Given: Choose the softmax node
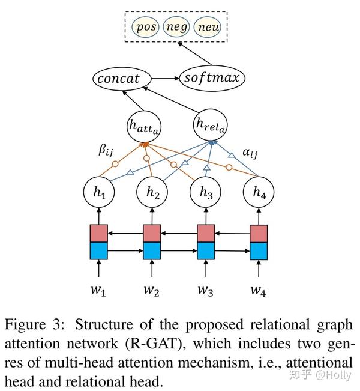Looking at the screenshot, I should tap(212, 79).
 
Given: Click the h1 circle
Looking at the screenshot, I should tap(99, 192).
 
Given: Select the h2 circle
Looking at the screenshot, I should tap(152, 192).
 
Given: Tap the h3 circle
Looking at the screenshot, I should tap(205, 192).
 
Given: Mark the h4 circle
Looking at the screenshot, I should tap(258, 192).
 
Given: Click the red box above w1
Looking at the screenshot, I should tap(98, 232).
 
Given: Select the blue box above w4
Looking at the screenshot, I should tap(258, 250).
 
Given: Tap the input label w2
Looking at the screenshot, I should tap(151, 291).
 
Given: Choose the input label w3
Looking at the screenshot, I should tap(205, 291).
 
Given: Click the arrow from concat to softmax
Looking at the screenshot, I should tap(170, 79).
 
